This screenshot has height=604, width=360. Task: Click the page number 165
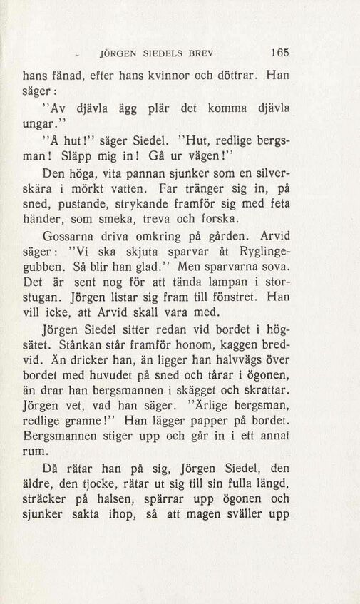(x=278, y=52)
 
